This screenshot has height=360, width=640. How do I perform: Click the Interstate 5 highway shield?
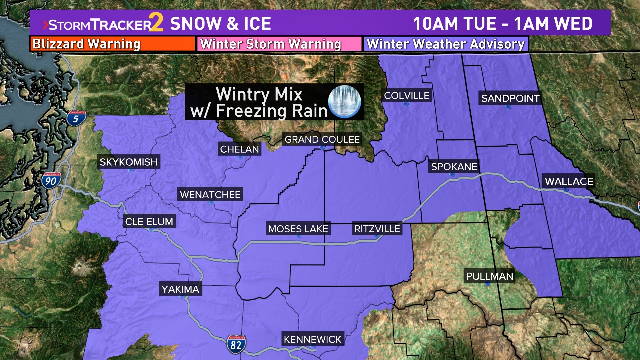(x=76, y=118)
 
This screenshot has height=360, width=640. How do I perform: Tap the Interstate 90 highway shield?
(x=51, y=181)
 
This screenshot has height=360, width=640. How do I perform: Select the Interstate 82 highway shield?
(x=236, y=344)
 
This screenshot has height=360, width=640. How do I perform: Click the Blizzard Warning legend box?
(x=112, y=44)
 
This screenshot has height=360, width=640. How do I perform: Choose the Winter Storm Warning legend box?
(x=279, y=44)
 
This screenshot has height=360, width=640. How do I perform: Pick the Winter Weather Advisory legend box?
(x=446, y=44)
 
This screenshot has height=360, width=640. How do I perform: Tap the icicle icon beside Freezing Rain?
(x=344, y=102)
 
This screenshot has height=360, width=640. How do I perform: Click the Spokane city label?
(x=454, y=166)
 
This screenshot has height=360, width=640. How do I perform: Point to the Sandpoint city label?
(x=510, y=98)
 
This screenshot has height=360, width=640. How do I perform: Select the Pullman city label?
(x=489, y=276)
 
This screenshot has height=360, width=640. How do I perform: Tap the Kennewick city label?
(x=313, y=339)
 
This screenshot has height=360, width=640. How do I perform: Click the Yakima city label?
(x=180, y=289)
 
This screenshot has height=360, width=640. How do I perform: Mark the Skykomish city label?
(x=129, y=162)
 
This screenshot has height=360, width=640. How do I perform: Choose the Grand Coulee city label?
(x=322, y=139)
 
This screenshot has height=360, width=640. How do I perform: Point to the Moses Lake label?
(x=298, y=229)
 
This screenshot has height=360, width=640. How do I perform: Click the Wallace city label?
(x=569, y=181)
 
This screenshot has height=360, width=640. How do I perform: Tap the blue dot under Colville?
(x=406, y=104)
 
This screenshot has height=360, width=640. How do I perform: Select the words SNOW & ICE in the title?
(x=220, y=24)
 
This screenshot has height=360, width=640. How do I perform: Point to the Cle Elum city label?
(x=149, y=221)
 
